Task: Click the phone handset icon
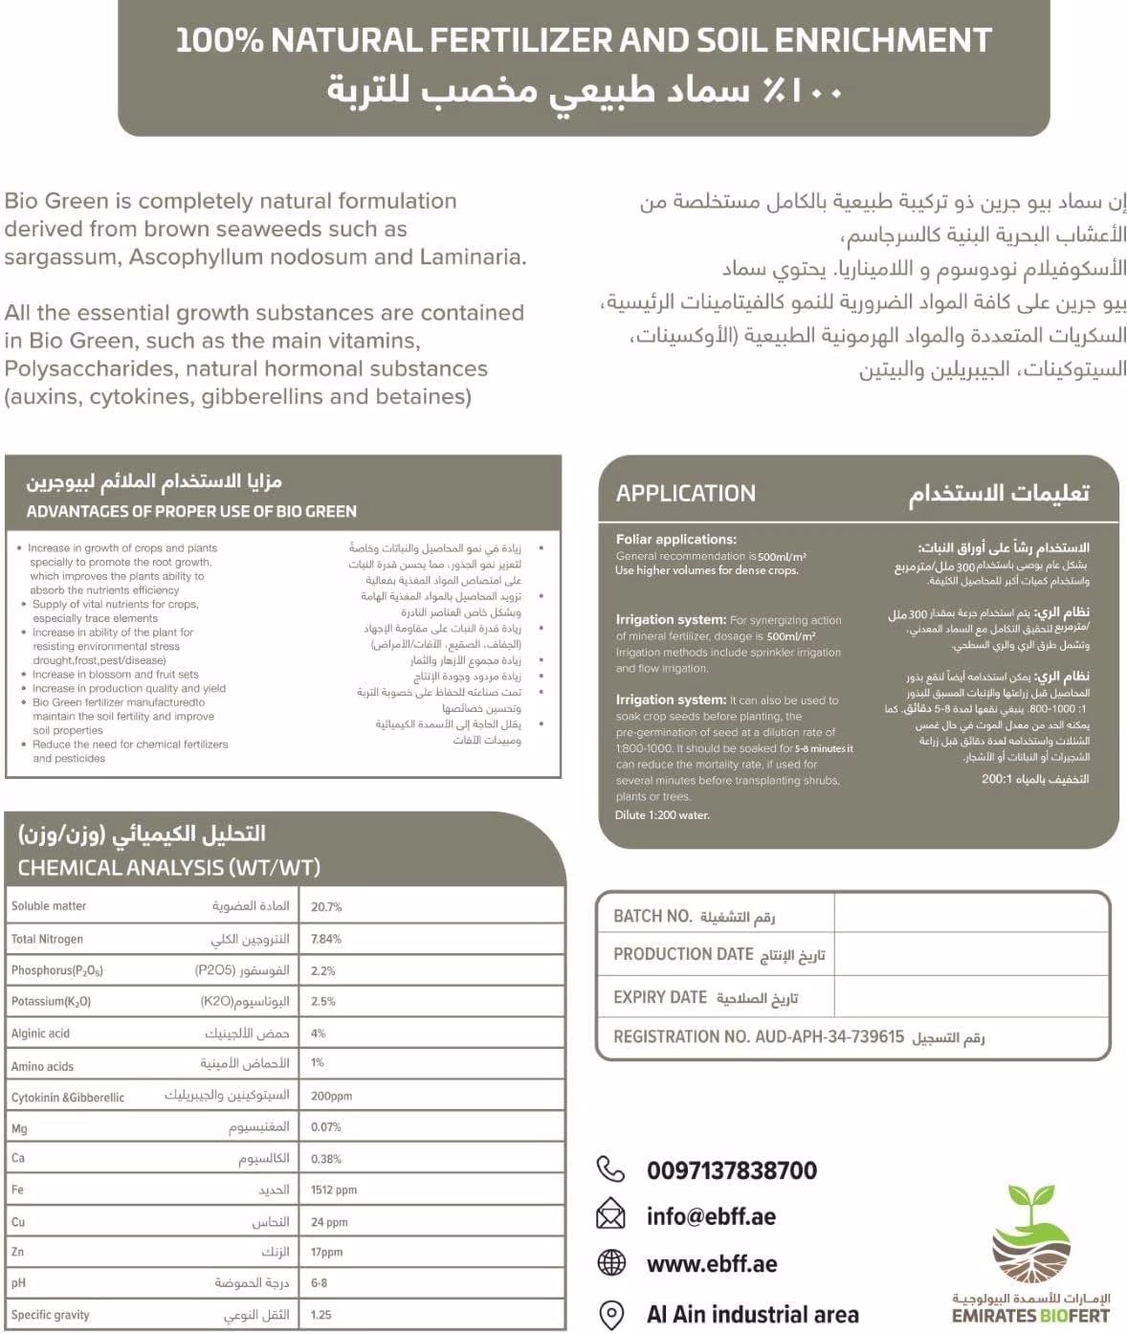[610, 1169]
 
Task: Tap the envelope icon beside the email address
[610, 1215]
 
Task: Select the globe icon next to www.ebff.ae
[611, 1263]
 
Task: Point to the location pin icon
[611, 1314]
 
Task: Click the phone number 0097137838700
[732, 1170]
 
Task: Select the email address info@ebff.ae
[711, 1216]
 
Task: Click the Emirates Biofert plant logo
[1030, 1235]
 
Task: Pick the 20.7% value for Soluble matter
[326, 906]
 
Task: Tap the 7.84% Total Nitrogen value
[326, 939]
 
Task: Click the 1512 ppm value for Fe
[334, 1189]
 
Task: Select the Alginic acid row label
[40, 1034]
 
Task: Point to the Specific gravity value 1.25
[321, 1315]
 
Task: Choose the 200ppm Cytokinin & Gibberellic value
[332, 1096]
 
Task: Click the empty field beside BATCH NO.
[970, 915]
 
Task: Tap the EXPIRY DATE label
[660, 997]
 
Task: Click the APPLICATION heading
[686, 494]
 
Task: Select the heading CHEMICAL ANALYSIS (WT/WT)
[169, 868]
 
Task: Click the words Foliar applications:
[676, 540]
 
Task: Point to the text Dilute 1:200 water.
[662, 815]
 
